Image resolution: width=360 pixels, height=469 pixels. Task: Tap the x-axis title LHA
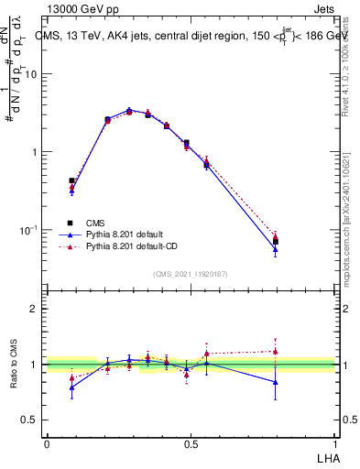tap(326, 456)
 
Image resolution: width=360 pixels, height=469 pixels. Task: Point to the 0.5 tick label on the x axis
tap(191, 443)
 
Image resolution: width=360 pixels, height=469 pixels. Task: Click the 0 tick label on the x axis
tap(47, 443)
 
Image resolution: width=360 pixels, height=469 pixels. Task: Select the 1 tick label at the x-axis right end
tap(334, 443)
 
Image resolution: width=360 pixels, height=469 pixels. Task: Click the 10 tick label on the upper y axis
tap(31, 74)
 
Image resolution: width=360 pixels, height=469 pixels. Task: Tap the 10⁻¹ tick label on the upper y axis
tap(29, 229)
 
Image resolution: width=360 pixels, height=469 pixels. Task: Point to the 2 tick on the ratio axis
tap(34, 309)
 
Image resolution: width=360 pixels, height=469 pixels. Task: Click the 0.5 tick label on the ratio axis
tap(30, 420)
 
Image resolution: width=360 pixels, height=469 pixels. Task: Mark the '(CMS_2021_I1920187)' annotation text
tap(190, 273)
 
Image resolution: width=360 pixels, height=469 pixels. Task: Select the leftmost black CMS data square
tap(71, 180)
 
